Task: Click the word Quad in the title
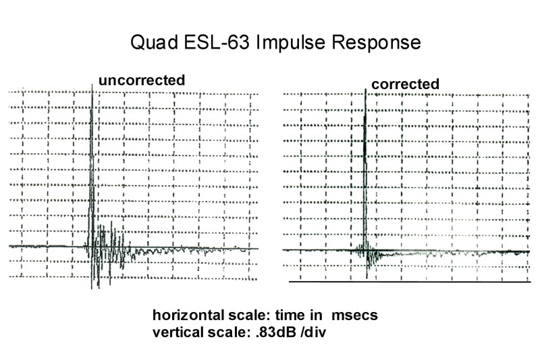(154, 43)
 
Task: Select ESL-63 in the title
(217, 42)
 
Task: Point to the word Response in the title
(376, 43)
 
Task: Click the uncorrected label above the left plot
(142, 80)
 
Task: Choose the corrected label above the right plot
(406, 84)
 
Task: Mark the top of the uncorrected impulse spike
(92, 85)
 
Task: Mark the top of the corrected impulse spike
(365, 90)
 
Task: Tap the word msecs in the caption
(354, 315)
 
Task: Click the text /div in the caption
(313, 333)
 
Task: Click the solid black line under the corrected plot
(410, 282)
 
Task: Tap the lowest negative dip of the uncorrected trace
(99, 287)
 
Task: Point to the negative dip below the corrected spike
(367, 277)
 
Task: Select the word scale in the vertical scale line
(228, 333)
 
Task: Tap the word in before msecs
(317, 315)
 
